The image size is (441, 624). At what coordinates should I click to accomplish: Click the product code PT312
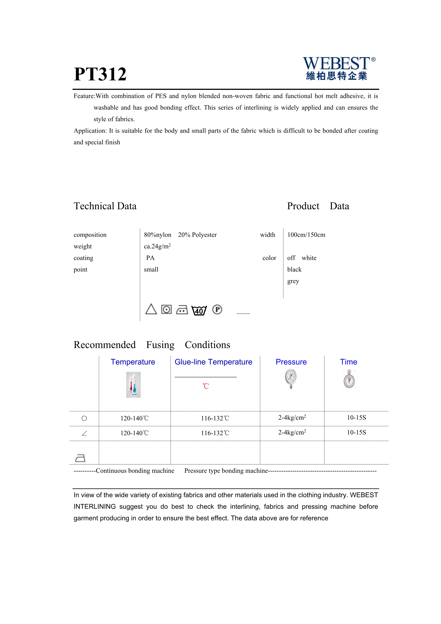[100, 74]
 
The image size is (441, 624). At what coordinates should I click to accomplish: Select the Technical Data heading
[105, 206]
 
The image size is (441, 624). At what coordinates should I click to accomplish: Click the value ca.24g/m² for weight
[157, 246]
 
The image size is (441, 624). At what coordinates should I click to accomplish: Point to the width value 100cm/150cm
[306, 235]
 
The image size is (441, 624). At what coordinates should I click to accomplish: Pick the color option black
[294, 269]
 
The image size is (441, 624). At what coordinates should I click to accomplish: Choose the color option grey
[293, 281]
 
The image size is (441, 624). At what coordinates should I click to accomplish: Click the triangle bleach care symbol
[151, 309]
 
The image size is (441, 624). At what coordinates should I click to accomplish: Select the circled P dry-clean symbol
[217, 309]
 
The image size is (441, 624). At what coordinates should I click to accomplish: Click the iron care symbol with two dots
[182, 310]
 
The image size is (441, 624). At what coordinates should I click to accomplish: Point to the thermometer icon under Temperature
[133, 385]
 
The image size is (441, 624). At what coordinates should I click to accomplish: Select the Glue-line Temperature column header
[213, 362]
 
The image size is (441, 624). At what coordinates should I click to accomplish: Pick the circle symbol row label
[84, 418]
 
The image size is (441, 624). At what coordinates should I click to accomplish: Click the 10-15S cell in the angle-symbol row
[356, 432]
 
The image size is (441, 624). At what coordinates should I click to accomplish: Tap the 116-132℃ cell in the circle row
[215, 418]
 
